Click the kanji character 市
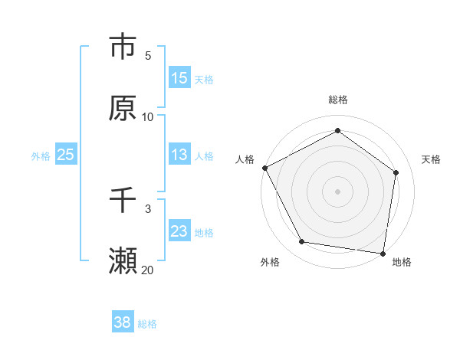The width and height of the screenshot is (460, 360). point(123,47)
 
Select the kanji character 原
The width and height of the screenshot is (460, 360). point(123,108)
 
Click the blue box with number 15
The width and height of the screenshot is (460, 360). point(179,77)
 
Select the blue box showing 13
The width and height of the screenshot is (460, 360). point(179,155)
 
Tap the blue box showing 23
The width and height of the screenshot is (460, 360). point(179,231)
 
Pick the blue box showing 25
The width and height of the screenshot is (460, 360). point(65,155)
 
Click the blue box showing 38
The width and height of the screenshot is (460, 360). point(123,322)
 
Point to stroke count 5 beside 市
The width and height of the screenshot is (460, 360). point(148,56)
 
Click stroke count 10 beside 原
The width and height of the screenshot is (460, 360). point(148,117)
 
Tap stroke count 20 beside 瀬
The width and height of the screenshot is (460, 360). point(148,270)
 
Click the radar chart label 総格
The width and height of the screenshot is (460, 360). point(337,100)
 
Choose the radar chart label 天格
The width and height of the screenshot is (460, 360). point(431,159)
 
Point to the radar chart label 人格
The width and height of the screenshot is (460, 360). point(245,159)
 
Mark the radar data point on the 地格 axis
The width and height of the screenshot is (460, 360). point(383,253)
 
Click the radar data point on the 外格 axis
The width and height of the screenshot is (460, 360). point(302,242)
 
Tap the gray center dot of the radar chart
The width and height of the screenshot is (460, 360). point(337,191)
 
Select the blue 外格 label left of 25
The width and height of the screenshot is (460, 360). point(41,155)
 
